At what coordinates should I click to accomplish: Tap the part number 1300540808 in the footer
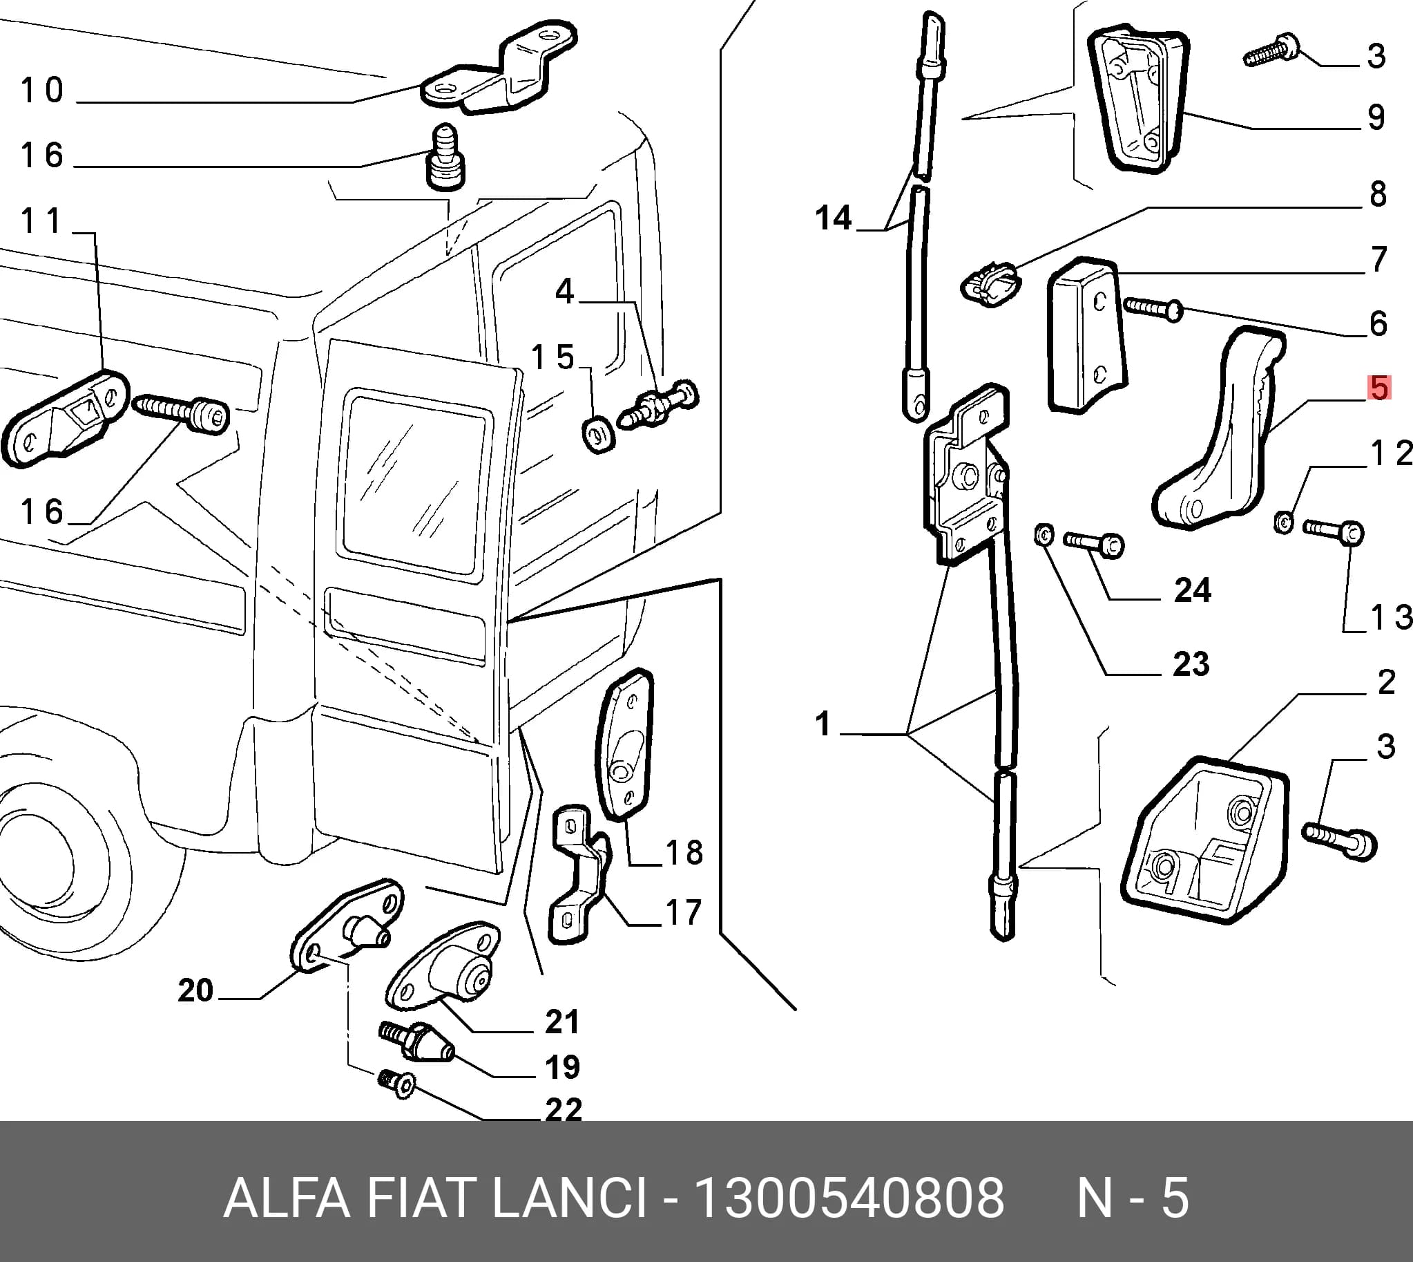tap(849, 1198)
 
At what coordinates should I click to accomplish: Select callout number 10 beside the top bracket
tap(42, 90)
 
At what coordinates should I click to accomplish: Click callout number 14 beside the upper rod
tap(833, 218)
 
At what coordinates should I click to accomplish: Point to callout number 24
tap(1193, 591)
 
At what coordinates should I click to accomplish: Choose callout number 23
tap(1191, 664)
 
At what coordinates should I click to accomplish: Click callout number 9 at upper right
tap(1376, 117)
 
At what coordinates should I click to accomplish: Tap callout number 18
tap(684, 852)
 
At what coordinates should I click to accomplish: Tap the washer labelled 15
tap(598, 435)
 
